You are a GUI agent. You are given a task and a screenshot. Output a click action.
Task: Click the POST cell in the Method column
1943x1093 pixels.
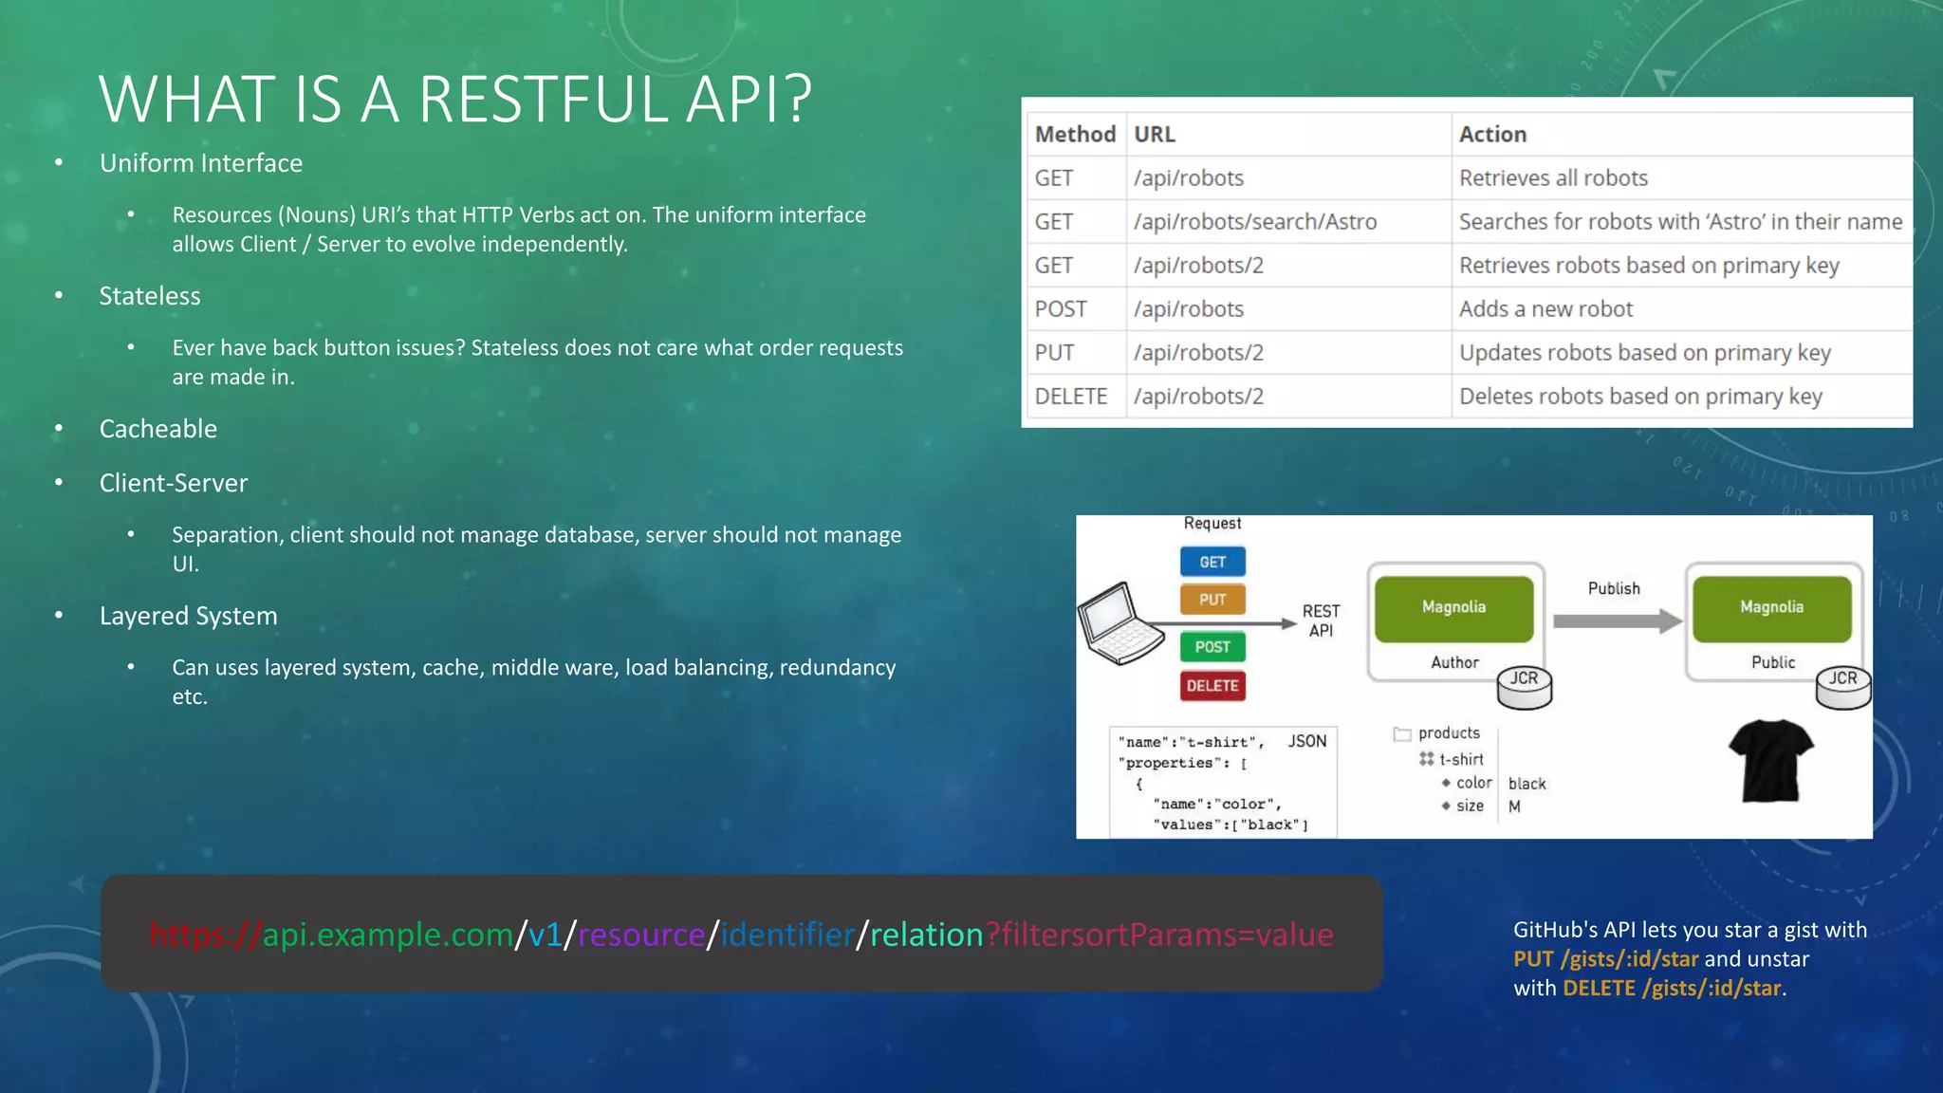pos(1061,309)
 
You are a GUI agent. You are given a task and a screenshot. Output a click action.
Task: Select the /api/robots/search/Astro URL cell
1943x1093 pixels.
pos(1255,222)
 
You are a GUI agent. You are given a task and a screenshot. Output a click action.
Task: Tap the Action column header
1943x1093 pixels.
pos(1492,135)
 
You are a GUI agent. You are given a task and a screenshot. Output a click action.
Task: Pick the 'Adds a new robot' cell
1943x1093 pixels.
pos(1545,309)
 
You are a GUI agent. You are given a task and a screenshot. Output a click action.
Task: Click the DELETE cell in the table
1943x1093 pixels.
pos(1071,397)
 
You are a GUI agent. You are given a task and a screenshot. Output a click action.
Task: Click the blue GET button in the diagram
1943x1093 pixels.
pos(1212,562)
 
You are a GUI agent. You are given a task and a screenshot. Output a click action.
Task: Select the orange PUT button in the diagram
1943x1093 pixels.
pos(1212,600)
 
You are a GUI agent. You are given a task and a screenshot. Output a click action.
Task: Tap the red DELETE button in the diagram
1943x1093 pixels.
pos(1212,685)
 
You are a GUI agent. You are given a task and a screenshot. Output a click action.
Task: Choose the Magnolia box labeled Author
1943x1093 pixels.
pos(1453,608)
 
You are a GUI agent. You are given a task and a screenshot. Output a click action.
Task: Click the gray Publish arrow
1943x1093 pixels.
pos(1617,622)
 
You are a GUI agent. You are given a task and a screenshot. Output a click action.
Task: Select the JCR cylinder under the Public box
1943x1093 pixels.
pos(1842,689)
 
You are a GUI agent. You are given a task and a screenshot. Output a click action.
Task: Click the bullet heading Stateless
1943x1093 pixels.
pos(150,296)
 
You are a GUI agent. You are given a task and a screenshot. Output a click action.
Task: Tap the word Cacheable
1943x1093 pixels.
pos(158,429)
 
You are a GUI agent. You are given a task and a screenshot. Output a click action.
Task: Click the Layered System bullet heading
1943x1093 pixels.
pos(188,616)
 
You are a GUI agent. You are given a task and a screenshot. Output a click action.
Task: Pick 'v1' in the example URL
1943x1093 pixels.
pos(545,936)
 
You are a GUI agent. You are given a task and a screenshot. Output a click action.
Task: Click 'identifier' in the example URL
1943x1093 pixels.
pos(786,936)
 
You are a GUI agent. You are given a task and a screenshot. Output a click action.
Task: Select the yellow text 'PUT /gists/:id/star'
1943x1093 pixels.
pos(1605,959)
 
